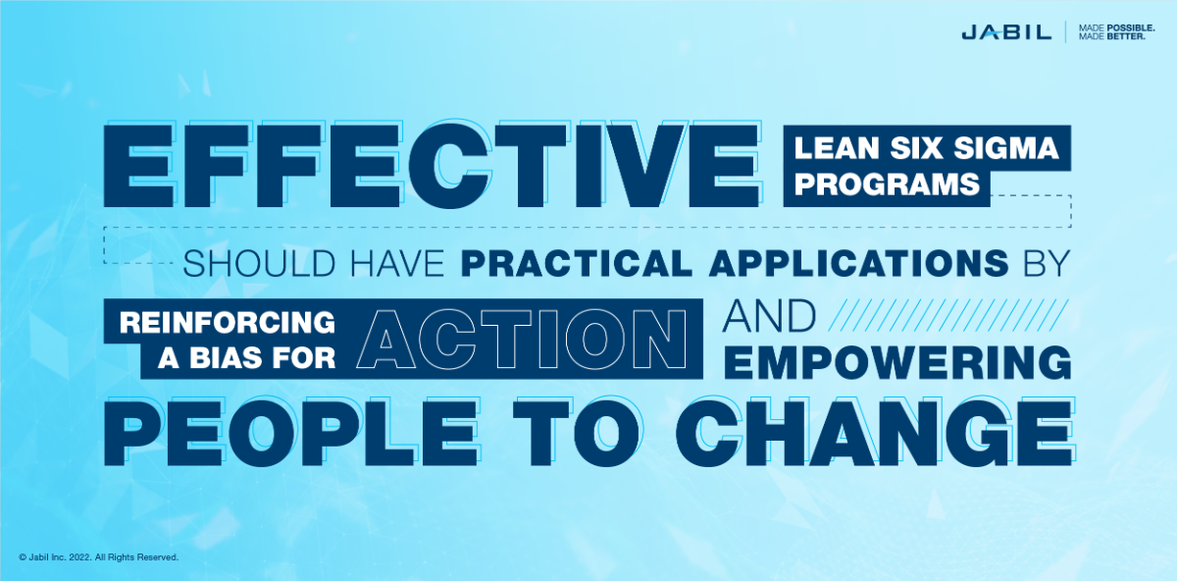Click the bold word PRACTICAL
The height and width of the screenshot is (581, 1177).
click(x=565, y=263)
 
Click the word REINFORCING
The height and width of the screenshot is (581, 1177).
click(x=229, y=322)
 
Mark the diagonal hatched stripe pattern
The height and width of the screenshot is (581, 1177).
click(x=947, y=316)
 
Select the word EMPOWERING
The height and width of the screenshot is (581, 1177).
click(x=899, y=361)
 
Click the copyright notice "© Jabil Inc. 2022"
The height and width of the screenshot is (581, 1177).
click(x=98, y=556)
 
